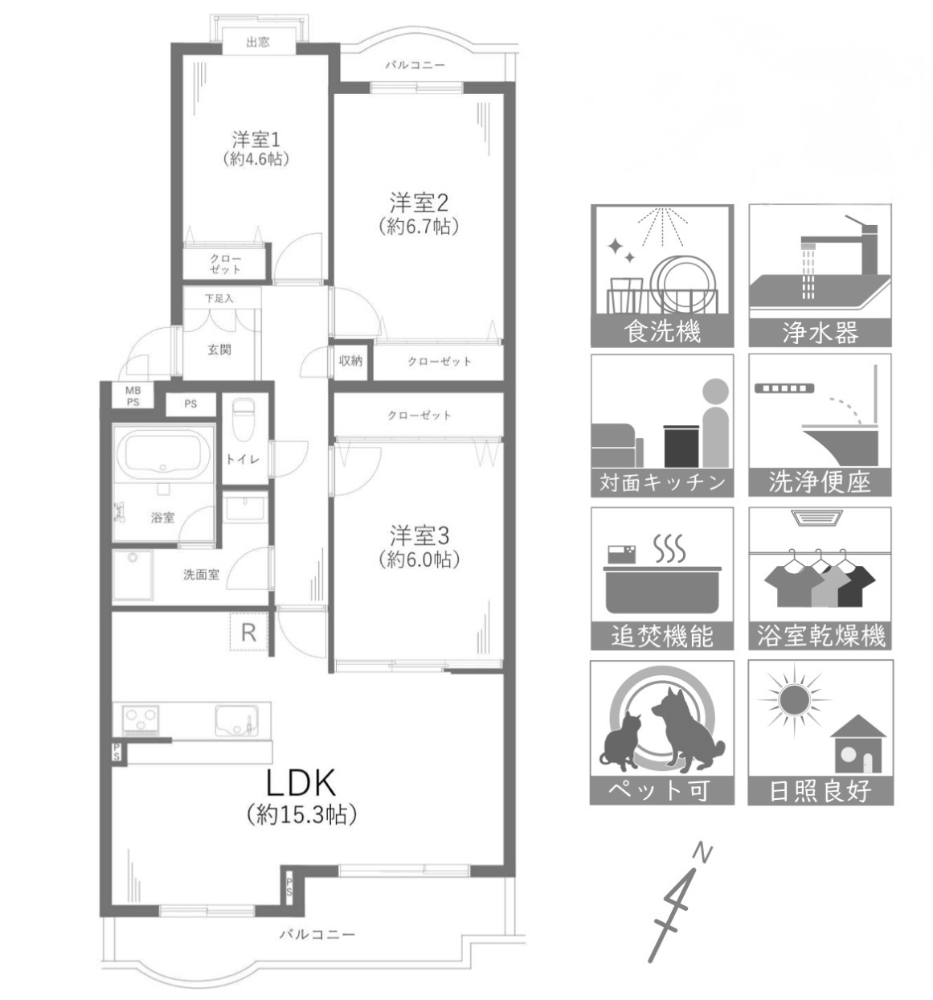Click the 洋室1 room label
pos(256,140)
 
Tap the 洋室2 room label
pos(419,203)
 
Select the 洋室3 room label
pos(419,535)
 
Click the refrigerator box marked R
pos(249,632)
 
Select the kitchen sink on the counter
pos(236,720)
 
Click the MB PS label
pos(133,396)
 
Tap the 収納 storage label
pos(350,360)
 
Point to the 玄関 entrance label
pos(219,350)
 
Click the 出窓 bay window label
pos(258,42)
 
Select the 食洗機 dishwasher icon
pos(661,276)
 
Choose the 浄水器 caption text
pos(820,332)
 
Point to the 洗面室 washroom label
pos(201,575)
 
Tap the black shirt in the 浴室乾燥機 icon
pos(855,585)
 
